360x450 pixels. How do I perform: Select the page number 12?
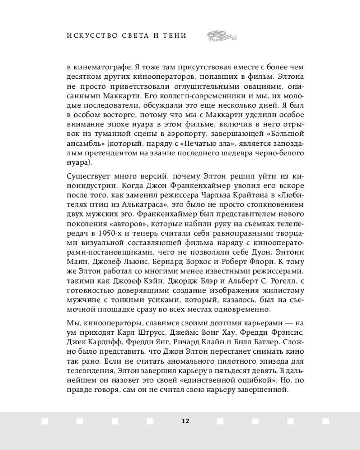click(185, 421)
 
